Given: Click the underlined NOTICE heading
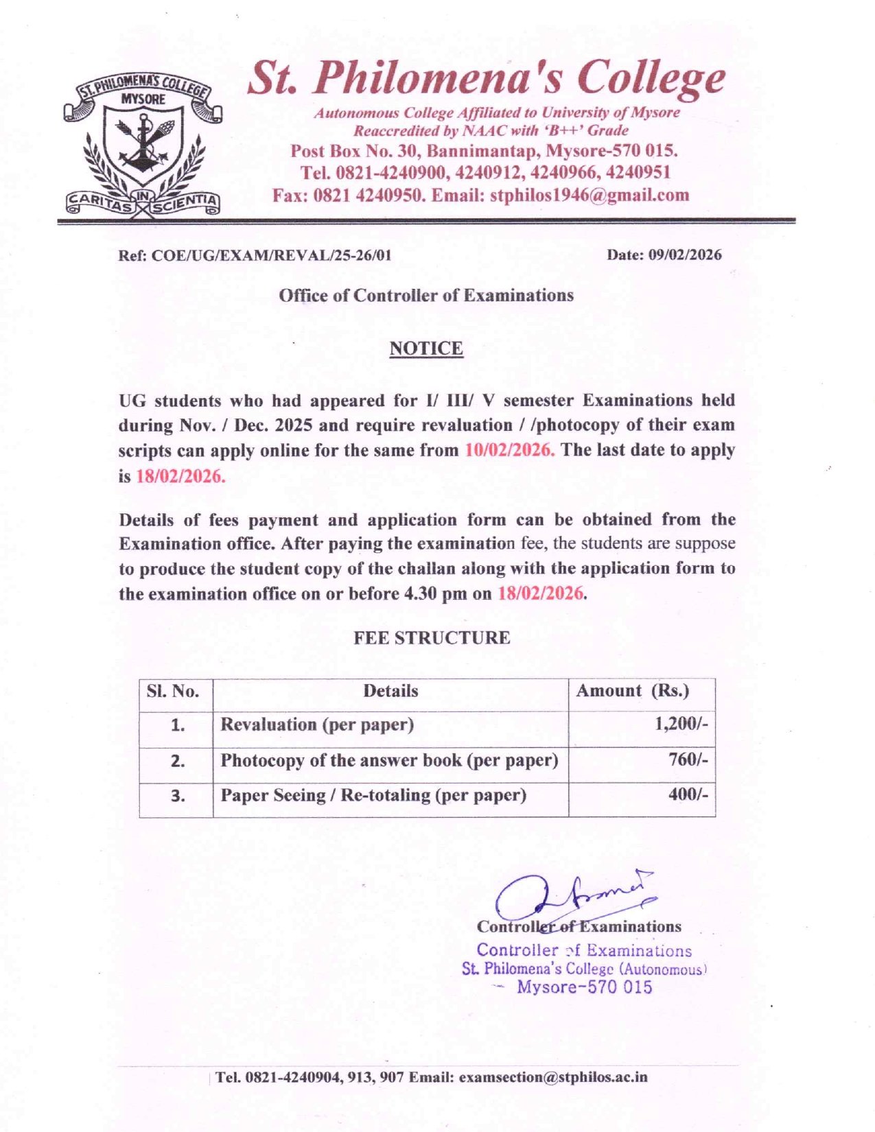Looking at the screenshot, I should (426, 349).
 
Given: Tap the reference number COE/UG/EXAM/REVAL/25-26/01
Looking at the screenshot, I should (271, 256).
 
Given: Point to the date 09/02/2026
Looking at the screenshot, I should (685, 255).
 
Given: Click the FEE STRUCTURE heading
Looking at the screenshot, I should (432, 638).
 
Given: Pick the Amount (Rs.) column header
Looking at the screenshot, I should (633, 691).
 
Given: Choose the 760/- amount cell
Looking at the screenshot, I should (688, 760).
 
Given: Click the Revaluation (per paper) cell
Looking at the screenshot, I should (317, 725).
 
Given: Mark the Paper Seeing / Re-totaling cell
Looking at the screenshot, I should (373, 796).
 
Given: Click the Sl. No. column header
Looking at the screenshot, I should (173, 692).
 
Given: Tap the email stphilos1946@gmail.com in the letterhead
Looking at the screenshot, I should (590, 196).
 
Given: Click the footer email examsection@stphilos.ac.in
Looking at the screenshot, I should (553, 1077).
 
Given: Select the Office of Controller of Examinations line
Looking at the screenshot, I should (426, 296).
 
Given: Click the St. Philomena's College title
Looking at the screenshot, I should (486, 78).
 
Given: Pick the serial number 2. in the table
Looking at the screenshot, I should (177, 761).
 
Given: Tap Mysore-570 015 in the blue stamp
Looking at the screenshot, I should (584, 988).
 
